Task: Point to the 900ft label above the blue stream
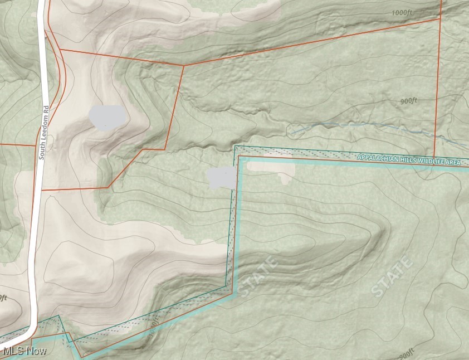(409, 101)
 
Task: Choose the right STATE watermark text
(392, 276)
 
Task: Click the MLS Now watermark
(25, 351)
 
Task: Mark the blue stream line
(362, 124)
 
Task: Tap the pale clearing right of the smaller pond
(271, 169)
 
